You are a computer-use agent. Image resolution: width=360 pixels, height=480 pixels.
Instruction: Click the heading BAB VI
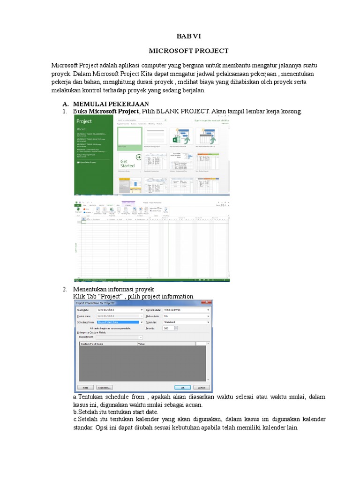pyautogui.click(x=188, y=36)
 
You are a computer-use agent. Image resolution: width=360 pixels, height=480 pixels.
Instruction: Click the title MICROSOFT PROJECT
pyautogui.click(x=188, y=51)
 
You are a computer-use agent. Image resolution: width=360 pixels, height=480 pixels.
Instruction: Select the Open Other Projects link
pyautogui.click(x=87, y=162)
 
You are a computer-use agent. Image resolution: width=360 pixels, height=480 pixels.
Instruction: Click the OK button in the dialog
pyautogui.click(x=181, y=388)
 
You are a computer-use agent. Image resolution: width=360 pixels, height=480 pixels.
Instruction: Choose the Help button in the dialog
pyautogui.click(x=85, y=388)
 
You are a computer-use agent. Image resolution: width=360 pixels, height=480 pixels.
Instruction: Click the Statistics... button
pyautogui.click(x=104, y=388)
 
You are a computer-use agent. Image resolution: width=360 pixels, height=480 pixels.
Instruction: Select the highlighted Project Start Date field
pyautogui.click(x=119, y=322)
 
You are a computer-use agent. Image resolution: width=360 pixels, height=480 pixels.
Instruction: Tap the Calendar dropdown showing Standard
pyautogui.click(x=186, y=322)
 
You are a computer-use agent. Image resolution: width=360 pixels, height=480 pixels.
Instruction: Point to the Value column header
pyautogui.click(x=142, y=344)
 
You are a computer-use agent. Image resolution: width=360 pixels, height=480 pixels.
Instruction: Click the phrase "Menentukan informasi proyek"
pyautogui.click(x=113, y=289)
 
